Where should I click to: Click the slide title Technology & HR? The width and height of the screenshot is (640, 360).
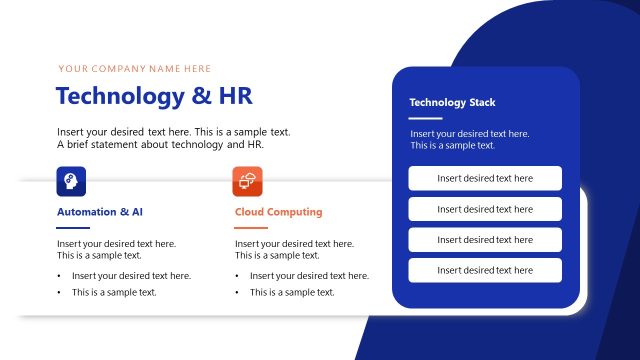coord(154,96)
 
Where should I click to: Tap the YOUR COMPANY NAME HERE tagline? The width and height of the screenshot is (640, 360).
coord(135,69)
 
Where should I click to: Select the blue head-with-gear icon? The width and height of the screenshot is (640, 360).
coord(71,182)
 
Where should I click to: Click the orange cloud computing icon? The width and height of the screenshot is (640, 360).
coord(247,182)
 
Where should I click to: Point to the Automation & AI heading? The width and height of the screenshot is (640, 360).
coord(100,212)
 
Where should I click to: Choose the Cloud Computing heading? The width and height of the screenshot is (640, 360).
coord(278,212)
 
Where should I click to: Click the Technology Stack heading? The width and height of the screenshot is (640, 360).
coord(452,102)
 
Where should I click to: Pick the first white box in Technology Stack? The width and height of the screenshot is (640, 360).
coord(485,178)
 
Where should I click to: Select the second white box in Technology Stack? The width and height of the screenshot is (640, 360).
coord(485,209)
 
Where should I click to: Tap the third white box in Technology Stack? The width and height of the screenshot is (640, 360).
coord(485,240)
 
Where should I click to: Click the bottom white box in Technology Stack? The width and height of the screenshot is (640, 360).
coord(485,270)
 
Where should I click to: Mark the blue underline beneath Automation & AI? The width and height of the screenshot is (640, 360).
coord(73,228)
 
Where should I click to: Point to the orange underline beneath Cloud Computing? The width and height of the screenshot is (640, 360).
coord(251,228)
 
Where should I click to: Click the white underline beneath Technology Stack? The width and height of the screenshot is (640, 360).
coord(426,118)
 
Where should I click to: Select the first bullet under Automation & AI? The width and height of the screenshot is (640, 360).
coord(131,276)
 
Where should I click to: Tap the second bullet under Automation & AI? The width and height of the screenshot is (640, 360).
coord(114,292)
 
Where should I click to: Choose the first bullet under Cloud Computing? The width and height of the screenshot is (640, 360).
coord(309,276)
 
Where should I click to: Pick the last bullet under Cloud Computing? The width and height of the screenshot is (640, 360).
coord(292,292)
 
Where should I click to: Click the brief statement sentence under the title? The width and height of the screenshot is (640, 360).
coord(160,145)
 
